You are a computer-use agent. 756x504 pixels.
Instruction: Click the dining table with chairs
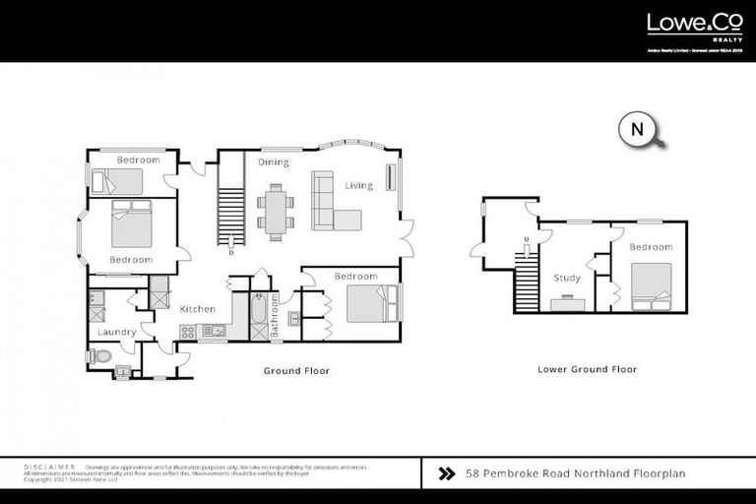[276, 210]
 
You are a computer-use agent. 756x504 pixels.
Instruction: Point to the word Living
[358, 185]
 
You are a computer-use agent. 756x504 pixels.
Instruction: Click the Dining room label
[273, 161]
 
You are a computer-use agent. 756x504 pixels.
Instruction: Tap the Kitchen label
[197, 309]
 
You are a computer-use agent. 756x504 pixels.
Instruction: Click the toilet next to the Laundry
[100, 355]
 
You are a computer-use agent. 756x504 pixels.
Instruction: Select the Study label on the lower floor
[567, 278]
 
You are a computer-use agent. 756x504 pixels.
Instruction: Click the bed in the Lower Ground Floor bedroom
[651, 281]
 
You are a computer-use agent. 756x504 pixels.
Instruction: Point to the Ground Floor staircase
[229, 217]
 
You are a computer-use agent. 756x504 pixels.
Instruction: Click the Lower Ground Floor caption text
[587, 370]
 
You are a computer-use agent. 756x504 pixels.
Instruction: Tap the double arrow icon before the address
[445, 473]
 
